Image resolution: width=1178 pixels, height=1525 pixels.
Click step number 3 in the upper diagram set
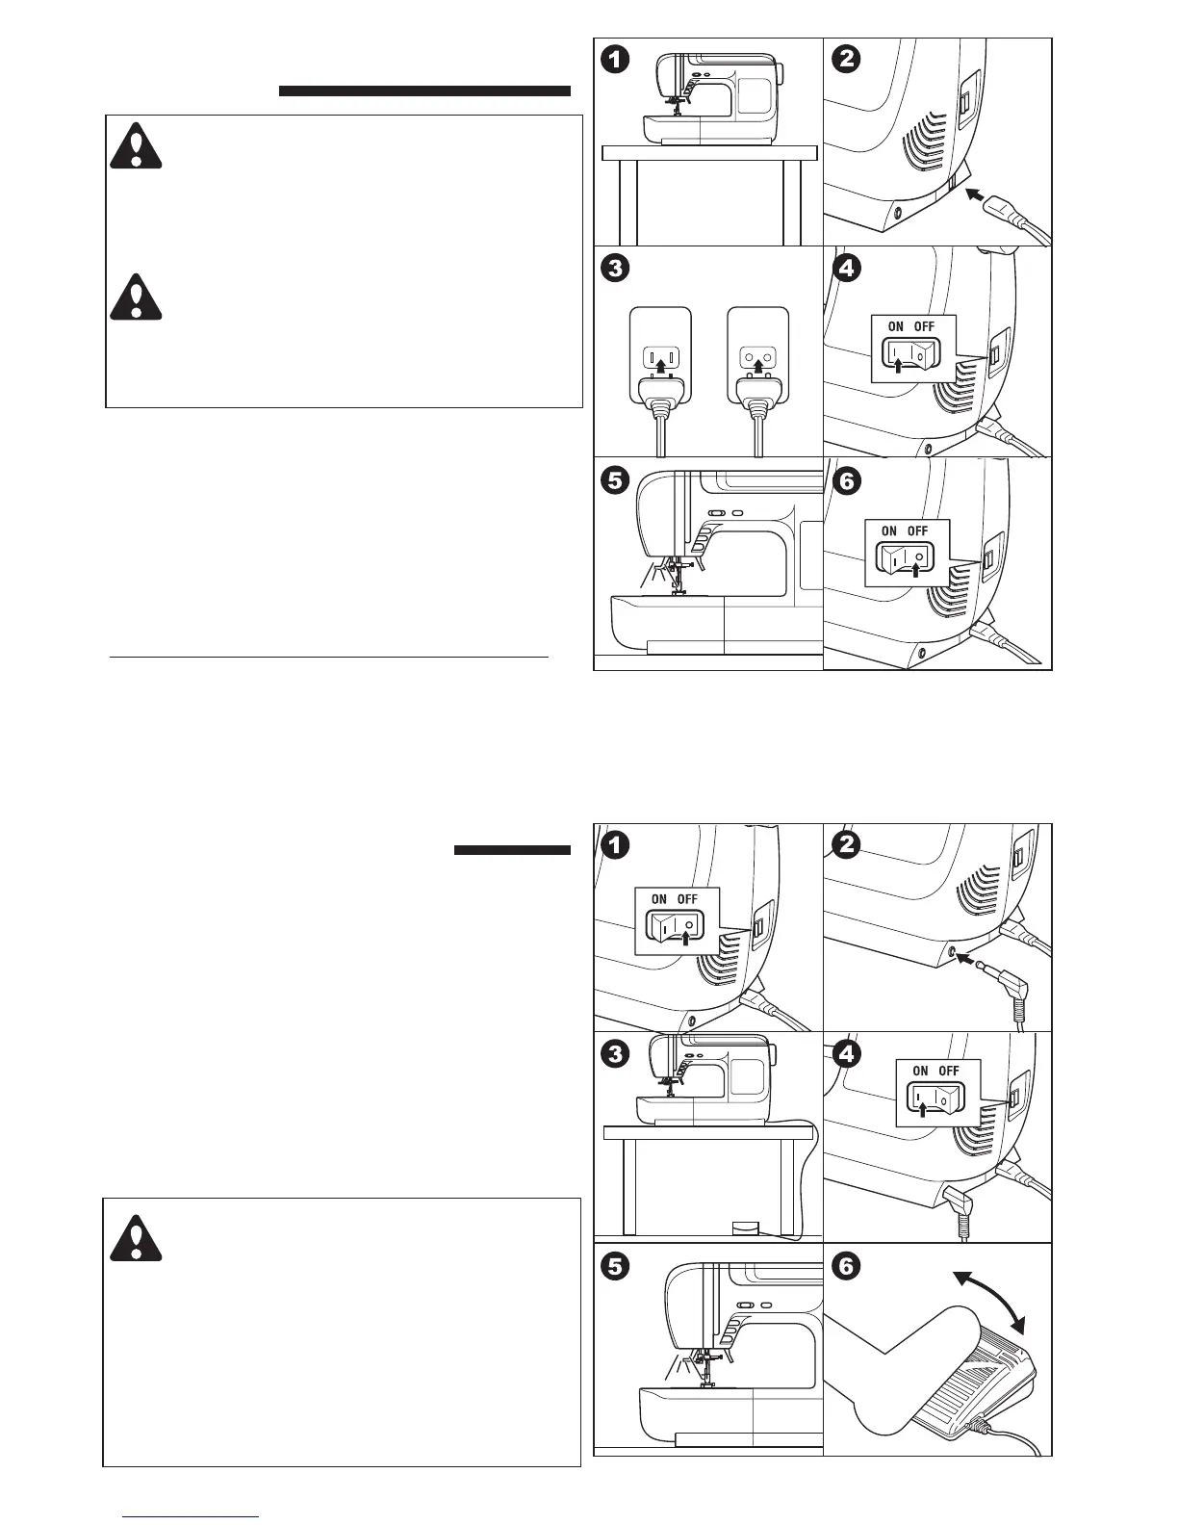click(616, 269)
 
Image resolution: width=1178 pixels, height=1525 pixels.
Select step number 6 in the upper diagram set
click(846, 480)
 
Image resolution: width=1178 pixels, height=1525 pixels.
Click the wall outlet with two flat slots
click(659, 362)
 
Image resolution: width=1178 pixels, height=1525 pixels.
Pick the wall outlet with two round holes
click(758, 362)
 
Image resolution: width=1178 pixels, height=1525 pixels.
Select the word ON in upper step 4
click(895, 327)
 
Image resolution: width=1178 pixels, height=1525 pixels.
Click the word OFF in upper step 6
click(917, 530)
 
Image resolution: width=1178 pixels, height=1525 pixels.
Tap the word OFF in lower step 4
click(949, 1071)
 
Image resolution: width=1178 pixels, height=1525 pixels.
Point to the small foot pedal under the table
click(745, 1228)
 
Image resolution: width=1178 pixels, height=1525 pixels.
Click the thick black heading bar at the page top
click(424, 91)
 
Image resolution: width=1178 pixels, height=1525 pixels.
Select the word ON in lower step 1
click(658, 899)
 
